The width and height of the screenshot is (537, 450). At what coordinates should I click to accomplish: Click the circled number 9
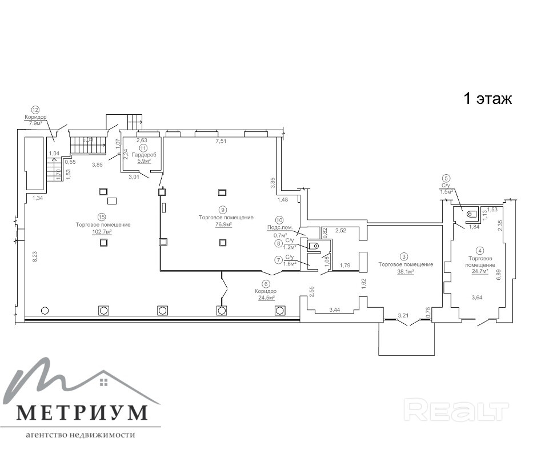coord(222,210)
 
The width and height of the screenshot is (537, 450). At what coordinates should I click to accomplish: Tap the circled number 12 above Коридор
coord(35,110)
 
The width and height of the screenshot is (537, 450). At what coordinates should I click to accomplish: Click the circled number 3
coord(404,257)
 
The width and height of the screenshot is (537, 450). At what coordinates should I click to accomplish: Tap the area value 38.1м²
coord(405,272)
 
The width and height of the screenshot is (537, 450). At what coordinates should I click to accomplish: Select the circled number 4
coord(480,250)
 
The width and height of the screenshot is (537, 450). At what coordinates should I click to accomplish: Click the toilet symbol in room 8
coord(314,246)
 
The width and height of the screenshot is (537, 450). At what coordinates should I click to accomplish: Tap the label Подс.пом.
coord(280,227)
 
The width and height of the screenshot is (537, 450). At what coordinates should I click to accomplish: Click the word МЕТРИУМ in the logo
coord(81,412)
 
